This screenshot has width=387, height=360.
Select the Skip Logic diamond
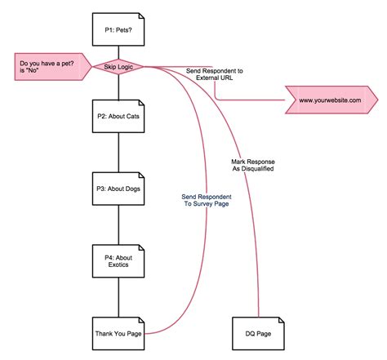[x=118, y=67]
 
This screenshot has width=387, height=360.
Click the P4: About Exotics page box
[x=118, y=260]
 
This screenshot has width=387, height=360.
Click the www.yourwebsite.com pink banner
[x=330, y=100]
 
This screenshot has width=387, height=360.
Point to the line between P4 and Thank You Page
[x=118, y=297]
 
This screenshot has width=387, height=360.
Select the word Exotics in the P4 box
[x=118, y=265]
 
